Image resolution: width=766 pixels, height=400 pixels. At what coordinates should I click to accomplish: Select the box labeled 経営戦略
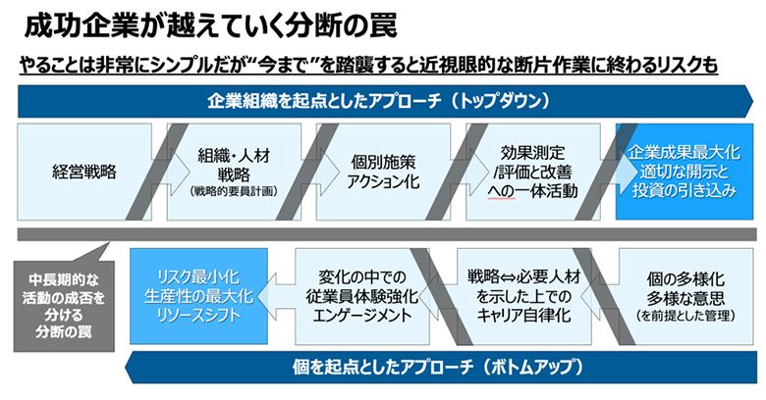[83, 173]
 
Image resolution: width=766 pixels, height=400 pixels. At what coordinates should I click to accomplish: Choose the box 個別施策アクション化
[378, 173]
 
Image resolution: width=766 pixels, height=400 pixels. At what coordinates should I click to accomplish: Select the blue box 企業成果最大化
[684, 173]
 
